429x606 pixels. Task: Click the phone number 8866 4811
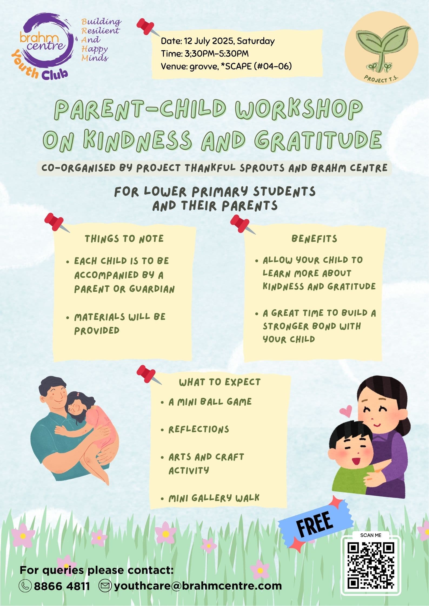[62, 586]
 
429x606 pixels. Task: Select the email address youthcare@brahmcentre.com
[198, 586]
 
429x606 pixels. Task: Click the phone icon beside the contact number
[25, 586]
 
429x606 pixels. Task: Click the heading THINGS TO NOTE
[124, 239]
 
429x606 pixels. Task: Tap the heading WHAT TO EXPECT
[220, 382]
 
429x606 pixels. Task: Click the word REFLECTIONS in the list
[199, 429]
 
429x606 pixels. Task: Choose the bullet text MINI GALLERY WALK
[214, 498]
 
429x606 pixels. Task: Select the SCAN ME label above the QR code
[371, 535]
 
